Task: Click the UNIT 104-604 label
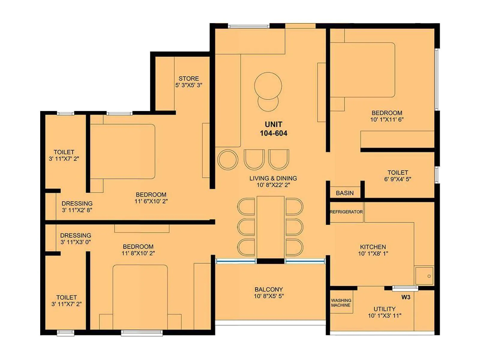[273, 129]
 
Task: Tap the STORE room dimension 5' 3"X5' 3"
[189, 85]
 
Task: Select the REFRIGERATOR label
[346, 212]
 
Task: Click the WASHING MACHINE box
[341, 303]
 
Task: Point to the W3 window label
[406, 297]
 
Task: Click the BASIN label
[345, 193]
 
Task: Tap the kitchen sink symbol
[424, 275]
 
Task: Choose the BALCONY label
[268, 289]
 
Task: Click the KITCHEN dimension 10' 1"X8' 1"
[373, 253]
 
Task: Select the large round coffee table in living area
[268, 86]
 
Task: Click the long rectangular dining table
[271, 227]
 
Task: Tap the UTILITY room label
[384, 309]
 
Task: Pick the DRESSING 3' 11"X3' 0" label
[76, 238]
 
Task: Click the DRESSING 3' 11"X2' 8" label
[77, 207]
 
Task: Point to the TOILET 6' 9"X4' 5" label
[397, 176]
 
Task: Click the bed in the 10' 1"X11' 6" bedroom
[362, 70]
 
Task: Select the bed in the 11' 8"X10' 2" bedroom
[140, 297]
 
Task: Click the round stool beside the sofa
[228, 160]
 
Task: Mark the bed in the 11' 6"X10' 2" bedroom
[122, 151]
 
